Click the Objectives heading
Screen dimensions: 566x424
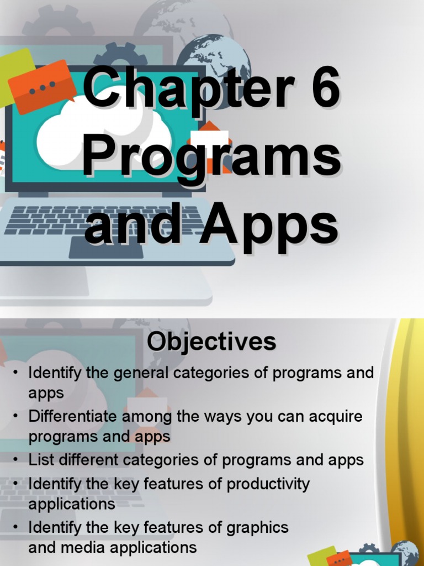coord(211,342)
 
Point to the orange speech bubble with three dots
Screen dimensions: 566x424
coord(43,86)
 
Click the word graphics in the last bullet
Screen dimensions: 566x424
coord(257,527)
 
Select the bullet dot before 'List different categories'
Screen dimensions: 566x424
coord(17,460)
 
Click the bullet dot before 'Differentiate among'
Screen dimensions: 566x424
coord(17,416)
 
